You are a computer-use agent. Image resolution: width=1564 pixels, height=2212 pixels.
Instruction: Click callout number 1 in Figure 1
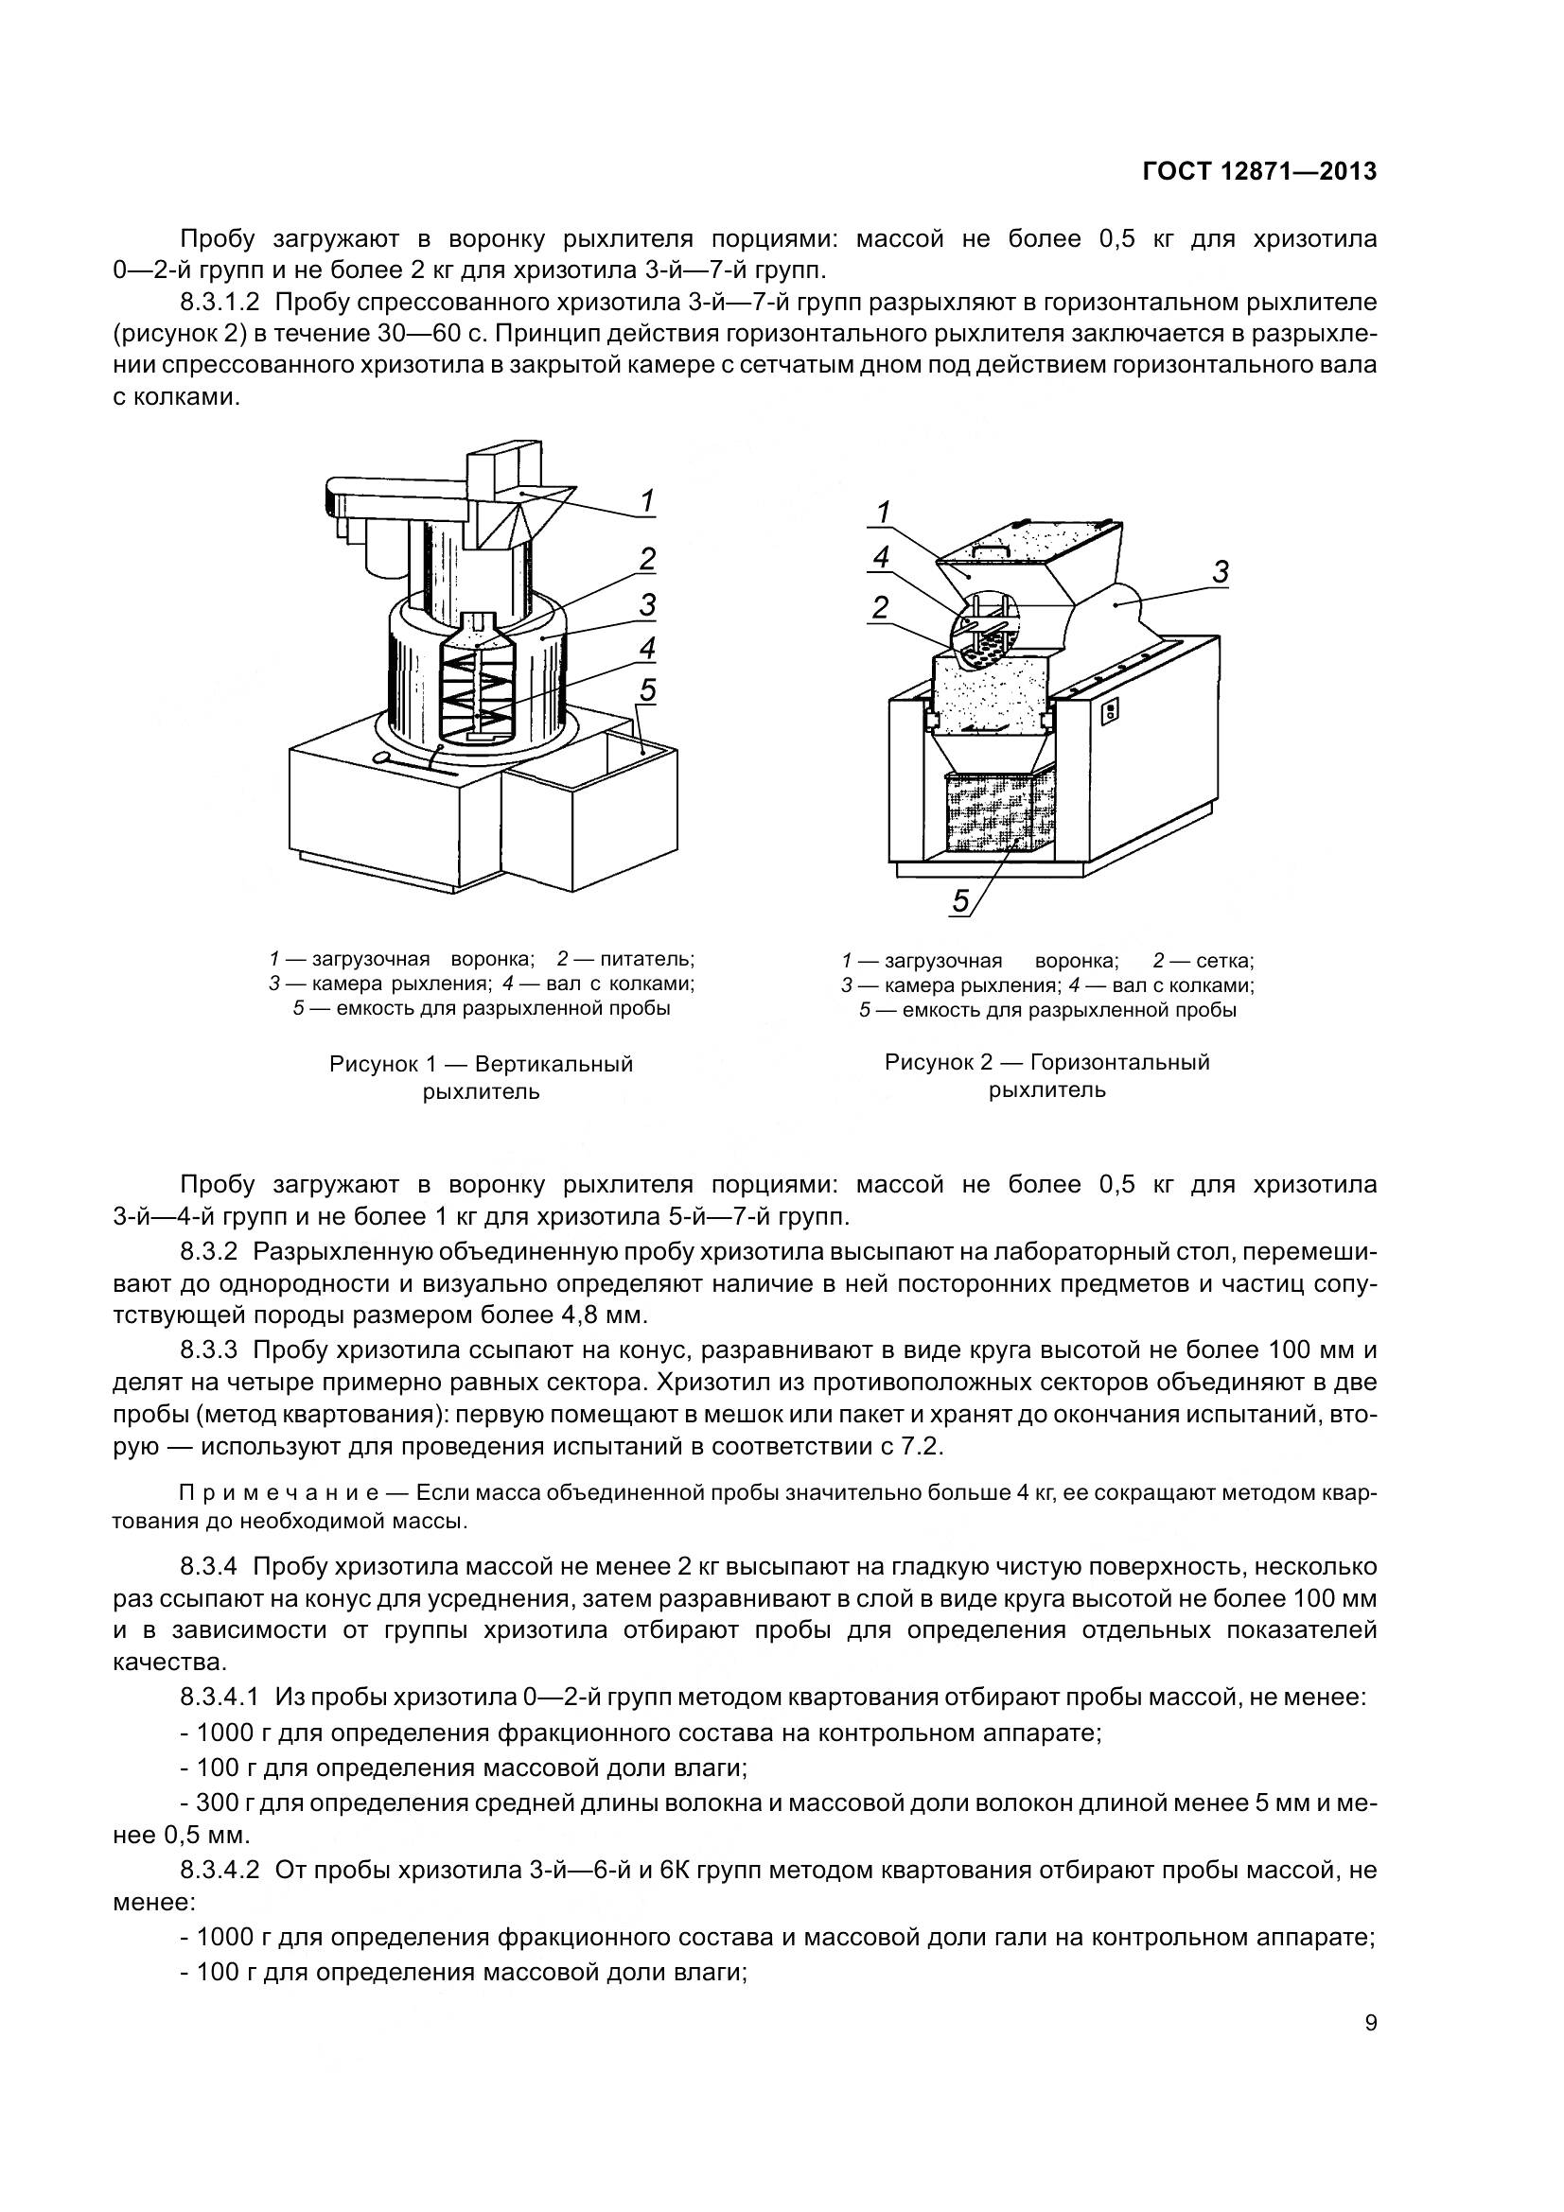point(647,501)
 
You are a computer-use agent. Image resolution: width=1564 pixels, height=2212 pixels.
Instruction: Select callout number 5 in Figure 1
point(647,689)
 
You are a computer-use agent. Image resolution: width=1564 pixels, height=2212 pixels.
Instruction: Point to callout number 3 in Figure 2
point(1220,572)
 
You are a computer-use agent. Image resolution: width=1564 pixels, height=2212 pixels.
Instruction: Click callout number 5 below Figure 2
point(960,901)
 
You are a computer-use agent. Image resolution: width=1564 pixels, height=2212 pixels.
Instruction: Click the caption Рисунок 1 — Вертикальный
point(481,1064)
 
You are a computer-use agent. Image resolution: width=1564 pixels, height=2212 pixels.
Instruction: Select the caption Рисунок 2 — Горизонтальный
point(1046,1062)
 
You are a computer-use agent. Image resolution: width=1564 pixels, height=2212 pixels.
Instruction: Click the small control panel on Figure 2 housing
point(1109,711)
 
